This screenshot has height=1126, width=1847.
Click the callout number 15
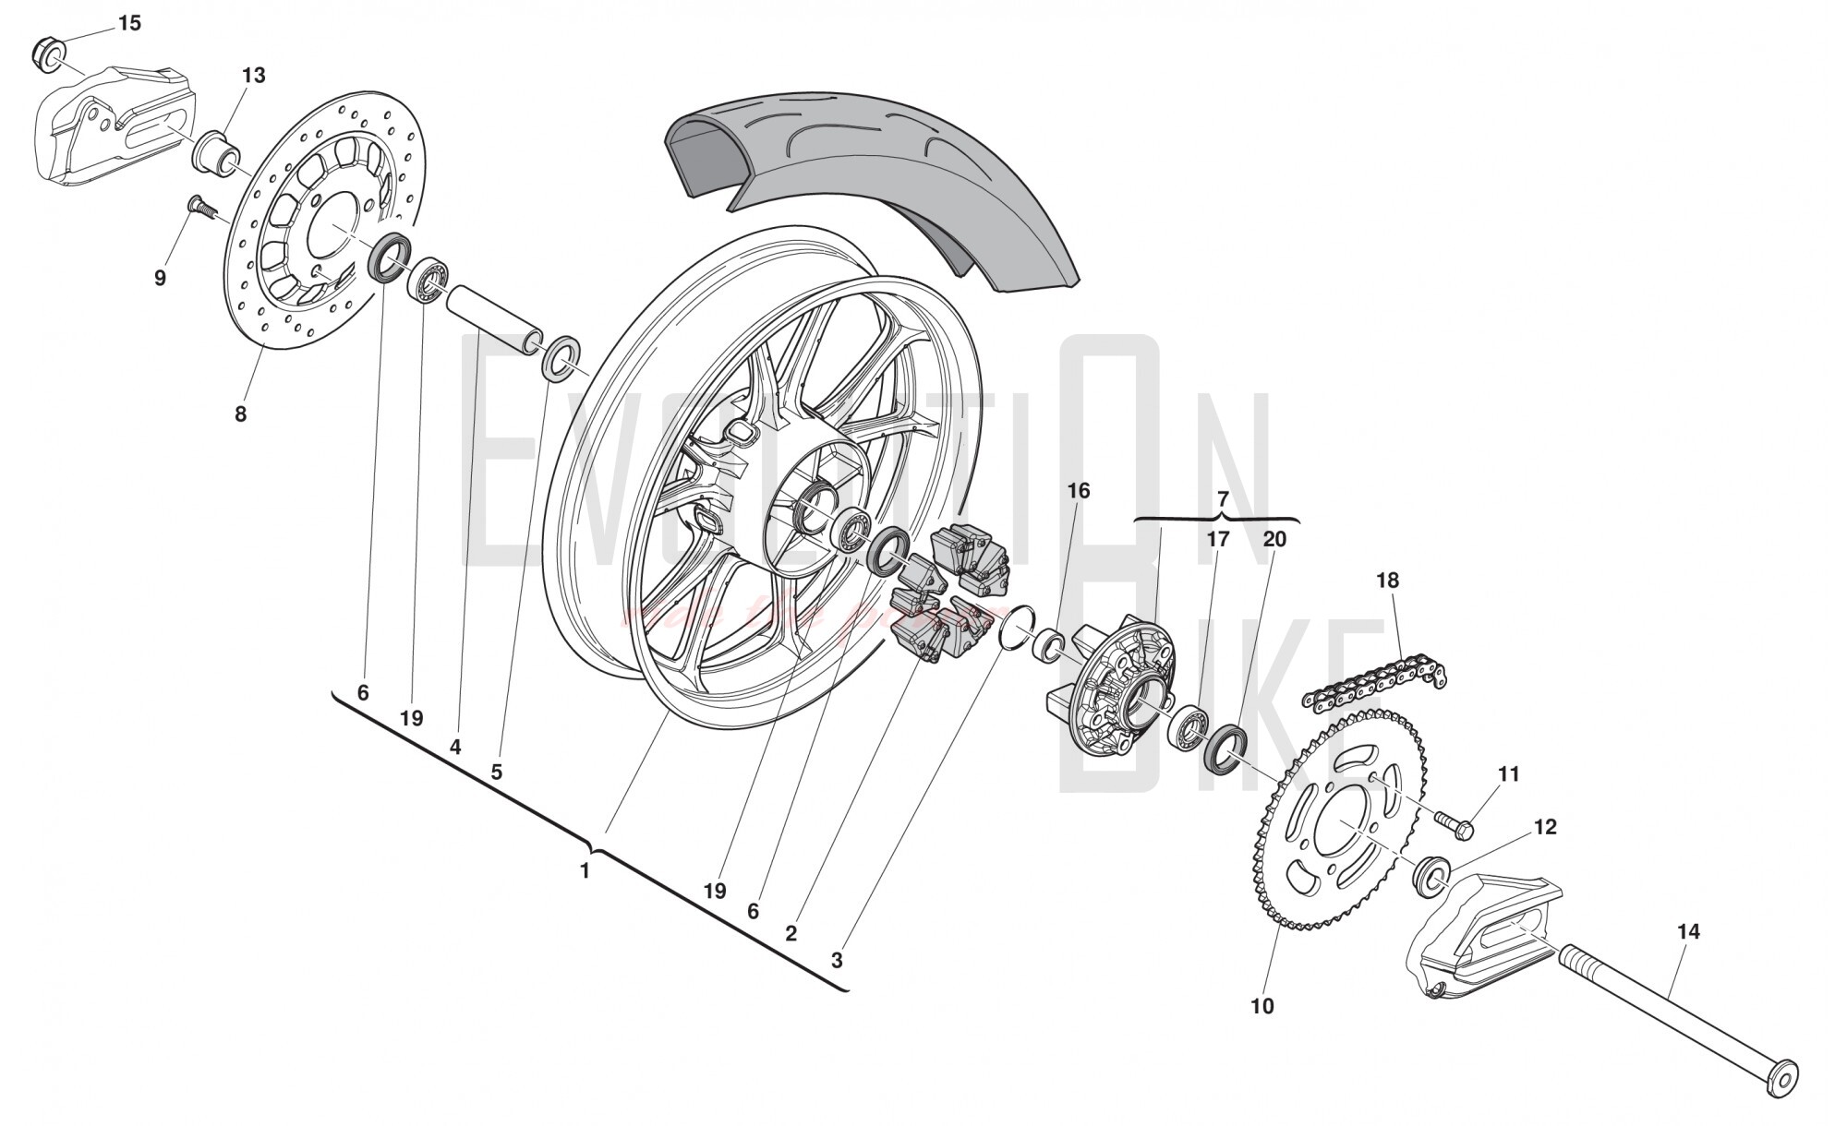point(130,23)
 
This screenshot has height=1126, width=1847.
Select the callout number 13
point(254,76)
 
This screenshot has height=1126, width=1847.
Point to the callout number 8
point(240,414)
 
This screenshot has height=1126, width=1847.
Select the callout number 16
point(1079,491)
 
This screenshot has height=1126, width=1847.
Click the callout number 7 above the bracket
point(1224,499)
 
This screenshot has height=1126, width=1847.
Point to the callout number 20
point(1274,539)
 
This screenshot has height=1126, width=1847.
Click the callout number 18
point(1387,581)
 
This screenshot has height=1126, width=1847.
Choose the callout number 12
point(1545,827)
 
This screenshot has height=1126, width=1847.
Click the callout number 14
point(1687,932)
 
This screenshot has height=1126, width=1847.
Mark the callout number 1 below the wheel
point(584,870)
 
